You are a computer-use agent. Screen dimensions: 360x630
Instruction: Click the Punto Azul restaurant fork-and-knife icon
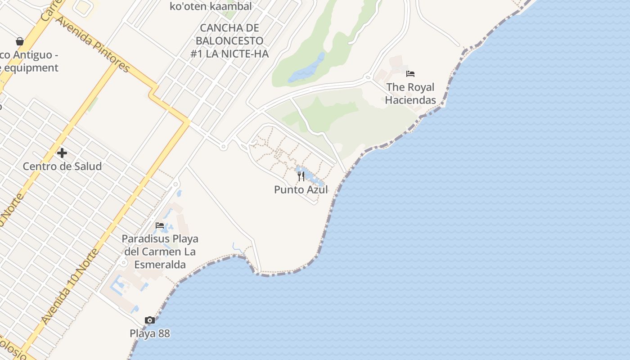click(301, 176)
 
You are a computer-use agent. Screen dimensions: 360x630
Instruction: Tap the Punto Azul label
click(301, 189)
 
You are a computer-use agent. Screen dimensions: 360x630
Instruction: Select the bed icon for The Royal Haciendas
click(410, 74)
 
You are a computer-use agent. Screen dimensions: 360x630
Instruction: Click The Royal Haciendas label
click(410, 94)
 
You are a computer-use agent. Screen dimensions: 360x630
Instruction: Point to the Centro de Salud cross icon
click(62, 153)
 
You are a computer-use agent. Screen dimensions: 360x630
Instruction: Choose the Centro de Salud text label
click(62, 166)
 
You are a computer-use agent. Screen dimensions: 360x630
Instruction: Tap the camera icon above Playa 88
click(150, 320)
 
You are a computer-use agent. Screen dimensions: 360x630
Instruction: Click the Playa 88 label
click(150, 333)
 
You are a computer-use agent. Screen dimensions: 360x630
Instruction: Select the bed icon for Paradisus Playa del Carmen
click(160, 225)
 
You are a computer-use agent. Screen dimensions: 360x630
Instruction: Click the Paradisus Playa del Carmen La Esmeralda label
click(160, 251)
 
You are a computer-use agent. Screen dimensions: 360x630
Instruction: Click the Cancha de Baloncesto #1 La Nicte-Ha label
click(229, 40)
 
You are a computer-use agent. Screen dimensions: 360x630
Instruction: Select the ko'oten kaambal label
click(211, 6)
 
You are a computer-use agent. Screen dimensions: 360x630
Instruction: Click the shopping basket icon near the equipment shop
click(20, 41)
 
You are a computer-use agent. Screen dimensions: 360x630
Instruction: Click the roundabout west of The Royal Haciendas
click(368, 77)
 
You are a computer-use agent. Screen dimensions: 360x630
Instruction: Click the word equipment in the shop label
click(31, 68)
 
